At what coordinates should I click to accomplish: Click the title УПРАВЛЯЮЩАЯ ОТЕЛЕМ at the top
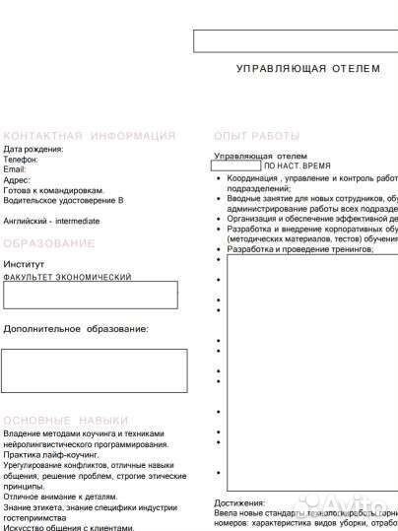click(308, 69)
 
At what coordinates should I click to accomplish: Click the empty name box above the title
click(296, 40)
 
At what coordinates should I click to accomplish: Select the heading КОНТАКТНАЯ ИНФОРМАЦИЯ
click(90, 135)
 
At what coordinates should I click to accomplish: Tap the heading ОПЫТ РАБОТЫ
click(256, 135)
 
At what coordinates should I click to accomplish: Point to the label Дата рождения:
click(33, 149)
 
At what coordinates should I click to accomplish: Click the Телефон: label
click(22, 160)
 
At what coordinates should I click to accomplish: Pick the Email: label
click(16, 169)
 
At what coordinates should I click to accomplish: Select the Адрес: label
click(18, 180)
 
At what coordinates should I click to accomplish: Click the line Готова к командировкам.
click(54, 190)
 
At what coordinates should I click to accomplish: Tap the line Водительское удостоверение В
click(64, 200)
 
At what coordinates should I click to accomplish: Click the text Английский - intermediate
click(51, 221)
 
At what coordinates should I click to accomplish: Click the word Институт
click(24, 264)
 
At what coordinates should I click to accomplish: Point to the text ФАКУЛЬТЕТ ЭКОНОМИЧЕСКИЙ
click(67, 277)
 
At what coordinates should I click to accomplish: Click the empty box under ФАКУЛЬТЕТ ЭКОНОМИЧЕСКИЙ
click(91, 295)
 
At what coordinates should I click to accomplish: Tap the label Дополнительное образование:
click(76, 328)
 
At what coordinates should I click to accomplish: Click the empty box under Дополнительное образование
click(95, 370)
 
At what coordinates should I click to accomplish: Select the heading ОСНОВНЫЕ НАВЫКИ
click(66, 419)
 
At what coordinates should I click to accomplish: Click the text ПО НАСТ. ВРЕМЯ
click(298, 166)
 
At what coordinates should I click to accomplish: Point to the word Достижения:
click(240, 502)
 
